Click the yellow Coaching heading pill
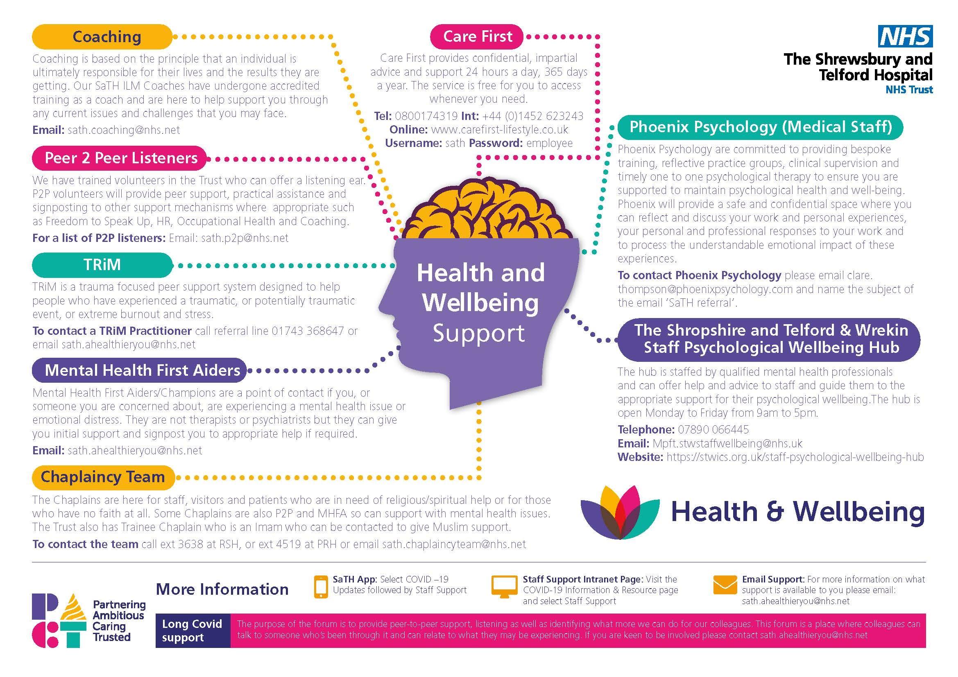[102, 37]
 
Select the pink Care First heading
[477, 36]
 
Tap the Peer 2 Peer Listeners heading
[119, 158]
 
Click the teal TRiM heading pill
[102, 265]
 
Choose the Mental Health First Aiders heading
[139, 370]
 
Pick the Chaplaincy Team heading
[104, 477]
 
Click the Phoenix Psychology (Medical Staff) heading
[760, 127]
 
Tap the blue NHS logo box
[906, 36]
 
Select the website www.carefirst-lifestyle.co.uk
[499, 130]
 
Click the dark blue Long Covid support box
[193, 630]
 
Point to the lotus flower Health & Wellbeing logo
[620, 512]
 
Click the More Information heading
[222, 589]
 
